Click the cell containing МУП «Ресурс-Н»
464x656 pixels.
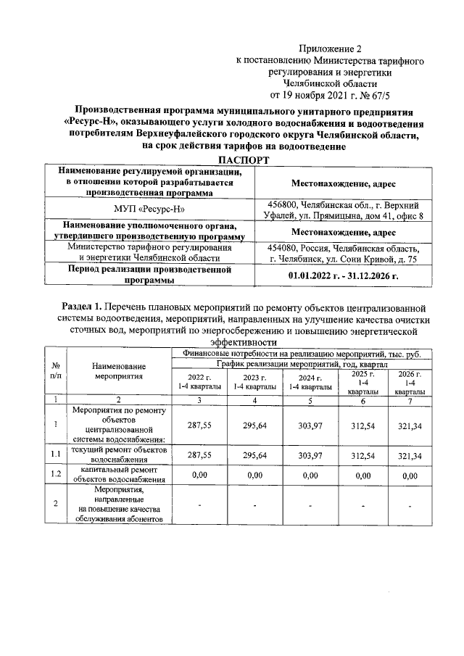click(x=148, y=210)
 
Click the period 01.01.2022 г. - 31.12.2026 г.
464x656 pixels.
click(x=344, y=275)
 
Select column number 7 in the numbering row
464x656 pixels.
click(x=410, y=399)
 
